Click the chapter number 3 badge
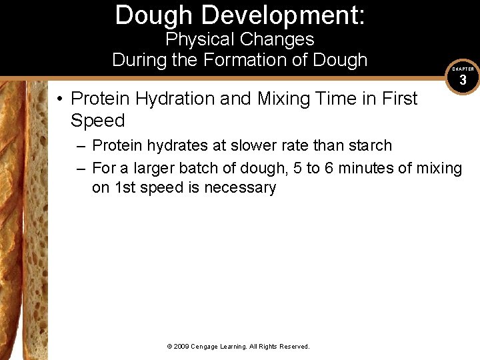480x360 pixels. click(463, 81)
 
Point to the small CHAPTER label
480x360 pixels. click(463, 69)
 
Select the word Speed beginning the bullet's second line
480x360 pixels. click(97, 121)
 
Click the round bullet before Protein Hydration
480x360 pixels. click(60, 99)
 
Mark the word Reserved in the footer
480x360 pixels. click(293, 347)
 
